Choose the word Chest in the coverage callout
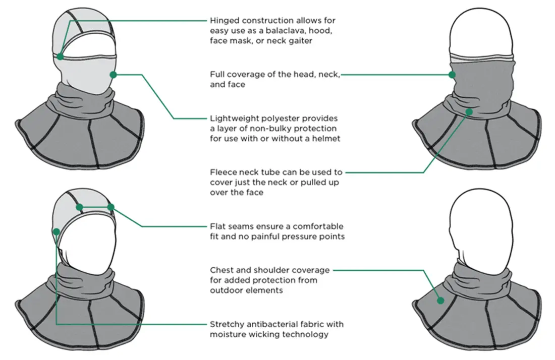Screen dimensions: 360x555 click(222, 270)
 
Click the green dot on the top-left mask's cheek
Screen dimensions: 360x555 click(113, 75)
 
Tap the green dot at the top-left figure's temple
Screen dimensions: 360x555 click(60, 56)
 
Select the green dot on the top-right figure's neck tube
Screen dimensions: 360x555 click(470, 112)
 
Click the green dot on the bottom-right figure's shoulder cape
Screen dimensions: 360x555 click(440, 300)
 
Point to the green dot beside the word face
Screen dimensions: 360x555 click(452, 75)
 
